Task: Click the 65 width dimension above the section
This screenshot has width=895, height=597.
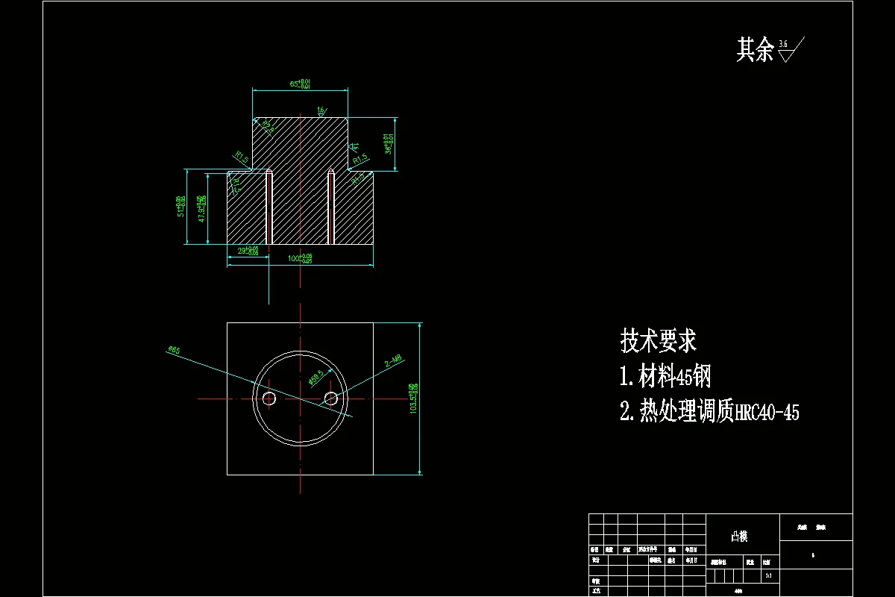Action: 300,84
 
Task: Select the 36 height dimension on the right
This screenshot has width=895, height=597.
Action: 388,143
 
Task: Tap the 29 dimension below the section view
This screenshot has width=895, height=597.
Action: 248,251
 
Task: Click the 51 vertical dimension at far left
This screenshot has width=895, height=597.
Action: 180,207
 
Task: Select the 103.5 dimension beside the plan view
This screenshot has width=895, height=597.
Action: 413,398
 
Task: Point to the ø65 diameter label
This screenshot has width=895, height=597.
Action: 175,348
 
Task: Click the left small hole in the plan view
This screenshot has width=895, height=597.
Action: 269,399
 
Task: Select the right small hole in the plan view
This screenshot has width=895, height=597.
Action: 331,399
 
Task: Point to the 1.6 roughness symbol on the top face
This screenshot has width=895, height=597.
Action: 321,111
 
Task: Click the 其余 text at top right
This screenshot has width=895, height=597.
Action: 755,50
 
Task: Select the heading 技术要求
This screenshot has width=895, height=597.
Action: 659,341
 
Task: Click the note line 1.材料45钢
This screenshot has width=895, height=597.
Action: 665,377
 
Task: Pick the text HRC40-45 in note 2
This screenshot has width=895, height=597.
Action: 767,413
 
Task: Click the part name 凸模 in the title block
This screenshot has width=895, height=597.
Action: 739,537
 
